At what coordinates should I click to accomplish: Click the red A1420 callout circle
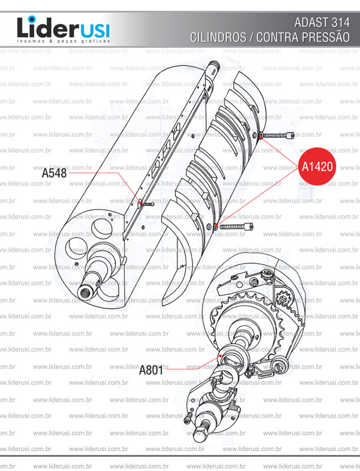pyautogui.click(x=318, y=166)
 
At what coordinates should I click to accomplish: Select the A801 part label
pyautogui.click(x=151, y=371)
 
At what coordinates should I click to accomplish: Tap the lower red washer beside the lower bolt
pyautogui.click(x=217, y=227)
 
